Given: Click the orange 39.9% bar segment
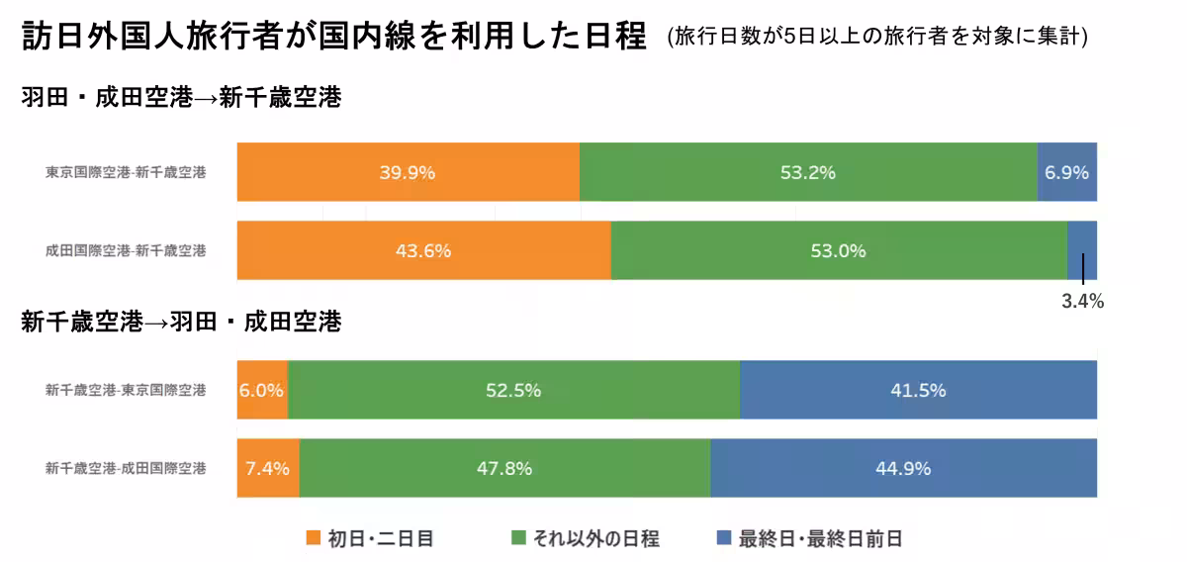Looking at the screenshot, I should [408, 172].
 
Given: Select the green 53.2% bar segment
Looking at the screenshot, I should [807, 172].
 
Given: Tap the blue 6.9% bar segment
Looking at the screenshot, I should [1066, 172].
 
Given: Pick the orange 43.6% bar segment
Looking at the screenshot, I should [423, 250].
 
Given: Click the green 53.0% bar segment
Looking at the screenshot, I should [838, 250].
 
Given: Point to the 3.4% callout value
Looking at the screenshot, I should [1082, 302].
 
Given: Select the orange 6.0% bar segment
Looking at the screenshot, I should [262, 390].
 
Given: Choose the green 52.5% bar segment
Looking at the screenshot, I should [513, 390].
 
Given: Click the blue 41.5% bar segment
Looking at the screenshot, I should [918, 390].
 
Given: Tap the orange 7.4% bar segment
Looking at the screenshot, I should [268, 468].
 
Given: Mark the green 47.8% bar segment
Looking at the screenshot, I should [504, 468].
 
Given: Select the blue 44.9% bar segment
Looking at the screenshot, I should [903, 468].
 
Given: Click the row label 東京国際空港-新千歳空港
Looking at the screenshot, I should [126, 172].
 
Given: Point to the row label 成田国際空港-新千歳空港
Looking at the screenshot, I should [126, 250].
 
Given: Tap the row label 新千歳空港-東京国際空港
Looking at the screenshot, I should [126, 390].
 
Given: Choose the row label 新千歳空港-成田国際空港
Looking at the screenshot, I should [126, 468].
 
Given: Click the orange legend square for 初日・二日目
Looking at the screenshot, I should [314, 538].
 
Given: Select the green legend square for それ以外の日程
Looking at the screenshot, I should [518, 538].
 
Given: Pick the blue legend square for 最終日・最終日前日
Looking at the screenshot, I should [722, 538].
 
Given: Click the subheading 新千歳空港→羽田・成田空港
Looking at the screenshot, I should [181, 323].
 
